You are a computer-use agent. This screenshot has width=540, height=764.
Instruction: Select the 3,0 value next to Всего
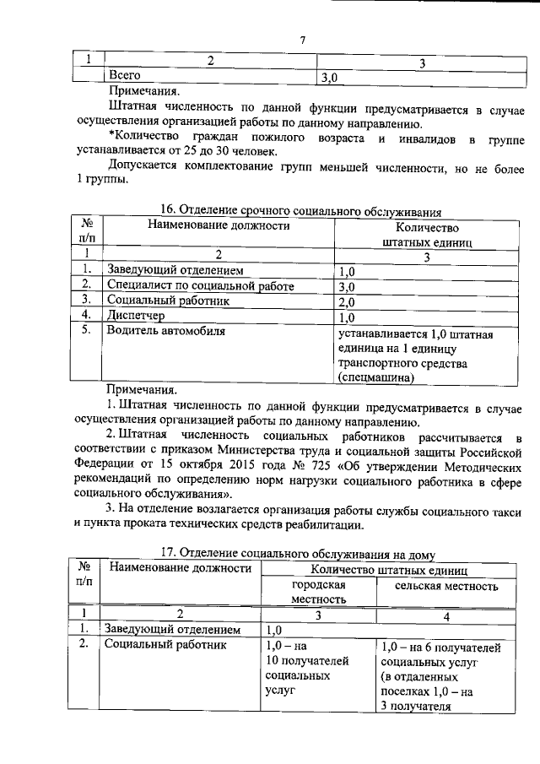pyautogui.click(x=329, y=78)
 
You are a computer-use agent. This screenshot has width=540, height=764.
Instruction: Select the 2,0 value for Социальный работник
pyautogui.click(x=347, y=302)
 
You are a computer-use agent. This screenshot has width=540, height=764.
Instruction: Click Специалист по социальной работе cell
pyautogui.click(x=199, y=287)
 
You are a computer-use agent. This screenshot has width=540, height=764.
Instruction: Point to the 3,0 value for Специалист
pyautogui.click(x=347, y=287)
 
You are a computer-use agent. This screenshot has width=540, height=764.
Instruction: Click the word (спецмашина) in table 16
pyautogui.click(x=376, y=378)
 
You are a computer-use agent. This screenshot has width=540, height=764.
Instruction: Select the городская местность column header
pyautogui.click(x=319, y=592)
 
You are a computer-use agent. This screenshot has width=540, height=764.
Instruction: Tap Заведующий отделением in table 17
pyautogui.click(x=173, y=630)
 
